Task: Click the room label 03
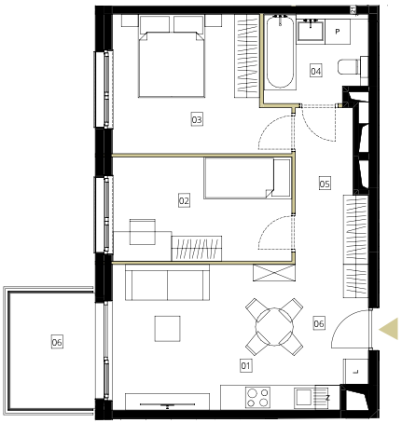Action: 197,119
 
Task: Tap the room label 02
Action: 184,200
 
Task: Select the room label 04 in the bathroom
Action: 316,71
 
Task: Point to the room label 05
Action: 325,184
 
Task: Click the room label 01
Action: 245,365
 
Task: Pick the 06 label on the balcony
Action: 57,342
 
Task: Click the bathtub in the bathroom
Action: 280,52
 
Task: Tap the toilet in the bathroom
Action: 353,66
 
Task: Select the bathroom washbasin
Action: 311,30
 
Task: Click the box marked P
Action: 338,32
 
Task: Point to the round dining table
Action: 274,327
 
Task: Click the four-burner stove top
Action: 257,397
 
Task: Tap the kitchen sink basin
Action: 303,398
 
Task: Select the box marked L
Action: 355,372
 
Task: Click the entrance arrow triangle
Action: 389,329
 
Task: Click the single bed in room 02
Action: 247,178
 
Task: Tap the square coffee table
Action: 168,329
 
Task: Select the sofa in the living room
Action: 167,282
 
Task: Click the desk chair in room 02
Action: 143,232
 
